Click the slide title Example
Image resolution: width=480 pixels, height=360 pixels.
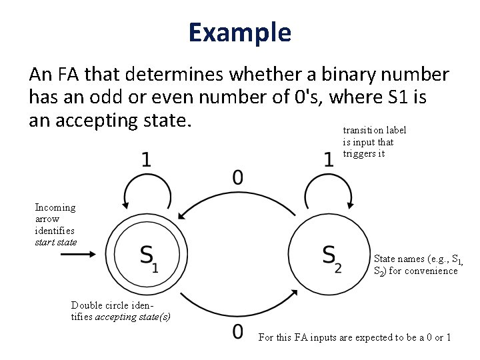(x=239, y=32)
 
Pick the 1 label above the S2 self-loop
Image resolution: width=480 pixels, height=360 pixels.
(x=329, y=160)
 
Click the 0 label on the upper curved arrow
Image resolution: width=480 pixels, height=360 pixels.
(x=238, y=177)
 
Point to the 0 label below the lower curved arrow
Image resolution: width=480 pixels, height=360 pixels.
(x=238, y=332)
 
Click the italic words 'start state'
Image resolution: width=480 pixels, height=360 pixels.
(x=55, y=242)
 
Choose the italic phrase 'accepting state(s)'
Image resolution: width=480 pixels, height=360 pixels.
(x=133, y=317)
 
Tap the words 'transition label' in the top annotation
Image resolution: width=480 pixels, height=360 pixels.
(x=374, y=131)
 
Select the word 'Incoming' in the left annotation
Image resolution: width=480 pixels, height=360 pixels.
(x=55, y=207)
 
